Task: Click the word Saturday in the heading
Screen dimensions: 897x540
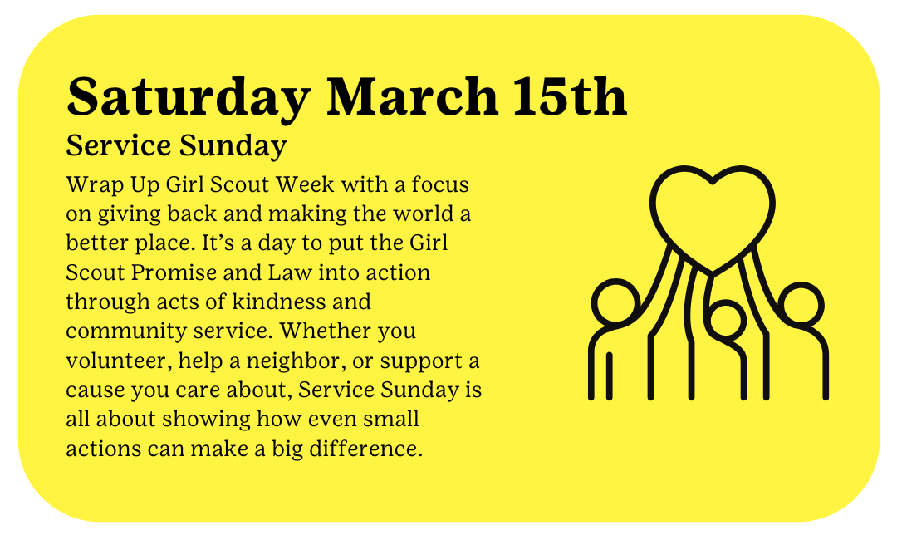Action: coord(189,99)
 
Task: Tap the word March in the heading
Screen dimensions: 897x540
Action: coord(412,96)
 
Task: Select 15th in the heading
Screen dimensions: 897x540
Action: coord(570,96)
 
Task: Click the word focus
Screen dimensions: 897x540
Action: coord(440,184)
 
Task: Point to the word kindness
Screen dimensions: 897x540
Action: coord(301,302)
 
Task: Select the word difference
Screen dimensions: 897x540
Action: coord(365,449)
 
